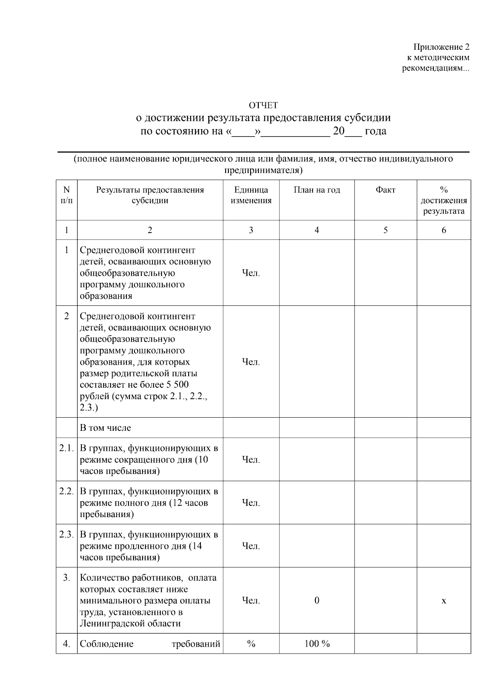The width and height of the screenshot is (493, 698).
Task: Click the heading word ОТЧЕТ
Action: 263,105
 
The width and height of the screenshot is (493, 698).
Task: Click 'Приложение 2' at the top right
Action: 441,47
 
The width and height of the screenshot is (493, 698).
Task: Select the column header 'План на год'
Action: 316,190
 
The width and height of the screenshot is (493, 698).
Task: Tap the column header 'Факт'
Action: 385,190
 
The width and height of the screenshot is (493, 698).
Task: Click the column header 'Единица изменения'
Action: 251,195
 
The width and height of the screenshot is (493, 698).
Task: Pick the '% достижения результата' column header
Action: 443,201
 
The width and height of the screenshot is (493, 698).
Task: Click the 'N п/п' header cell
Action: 67,195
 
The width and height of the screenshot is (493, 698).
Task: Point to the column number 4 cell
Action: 316,230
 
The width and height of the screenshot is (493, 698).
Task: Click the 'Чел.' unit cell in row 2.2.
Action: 251,503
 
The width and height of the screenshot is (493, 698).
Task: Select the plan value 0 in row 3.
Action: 316,601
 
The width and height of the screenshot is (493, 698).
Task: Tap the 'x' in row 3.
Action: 443,601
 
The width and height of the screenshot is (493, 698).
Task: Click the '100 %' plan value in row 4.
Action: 316,644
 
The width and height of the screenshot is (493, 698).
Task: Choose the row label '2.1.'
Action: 67,448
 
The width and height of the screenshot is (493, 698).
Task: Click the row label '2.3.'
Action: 67,534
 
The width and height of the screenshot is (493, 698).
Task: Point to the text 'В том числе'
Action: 105,428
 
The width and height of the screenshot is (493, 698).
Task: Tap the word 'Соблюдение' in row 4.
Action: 106,644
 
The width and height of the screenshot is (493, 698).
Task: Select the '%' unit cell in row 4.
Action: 251,644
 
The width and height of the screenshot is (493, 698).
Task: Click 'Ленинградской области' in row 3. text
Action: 130,624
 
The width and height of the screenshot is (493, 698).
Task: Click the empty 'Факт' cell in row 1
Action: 385,273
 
